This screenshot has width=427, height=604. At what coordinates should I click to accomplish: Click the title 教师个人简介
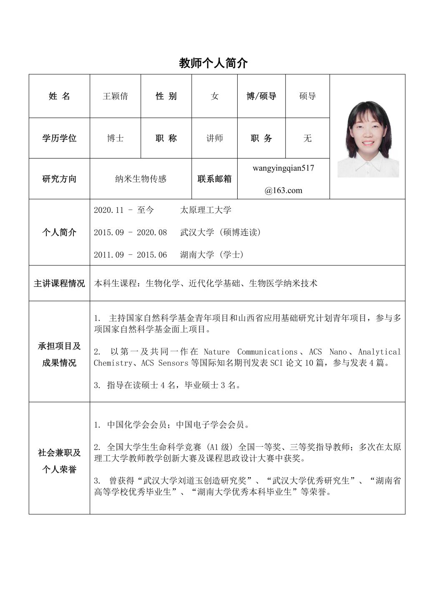(213, 63)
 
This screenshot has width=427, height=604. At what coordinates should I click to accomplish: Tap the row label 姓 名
(59, 96)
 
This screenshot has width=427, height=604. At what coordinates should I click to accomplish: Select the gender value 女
(214, 96)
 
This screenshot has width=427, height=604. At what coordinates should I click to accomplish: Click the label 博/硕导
(261, 96)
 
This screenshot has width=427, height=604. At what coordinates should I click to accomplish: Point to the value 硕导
(307, 96)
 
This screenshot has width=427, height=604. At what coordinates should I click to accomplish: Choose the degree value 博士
(115, 138)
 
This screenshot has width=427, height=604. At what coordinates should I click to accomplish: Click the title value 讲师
(214, 138)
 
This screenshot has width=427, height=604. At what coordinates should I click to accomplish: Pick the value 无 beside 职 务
(307, 138)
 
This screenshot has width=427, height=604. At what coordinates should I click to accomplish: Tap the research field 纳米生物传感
(141, 179)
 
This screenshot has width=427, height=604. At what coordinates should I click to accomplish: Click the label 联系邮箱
(214, 179)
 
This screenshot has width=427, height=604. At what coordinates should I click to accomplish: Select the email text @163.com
(283, 191)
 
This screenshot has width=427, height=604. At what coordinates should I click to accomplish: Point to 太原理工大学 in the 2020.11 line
(206, 210)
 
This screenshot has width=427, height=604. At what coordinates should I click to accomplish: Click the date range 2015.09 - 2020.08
(130, 232)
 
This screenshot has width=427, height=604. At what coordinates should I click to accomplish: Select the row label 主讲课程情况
(59, 284)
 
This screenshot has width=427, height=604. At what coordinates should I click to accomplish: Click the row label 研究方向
(59, 179)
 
